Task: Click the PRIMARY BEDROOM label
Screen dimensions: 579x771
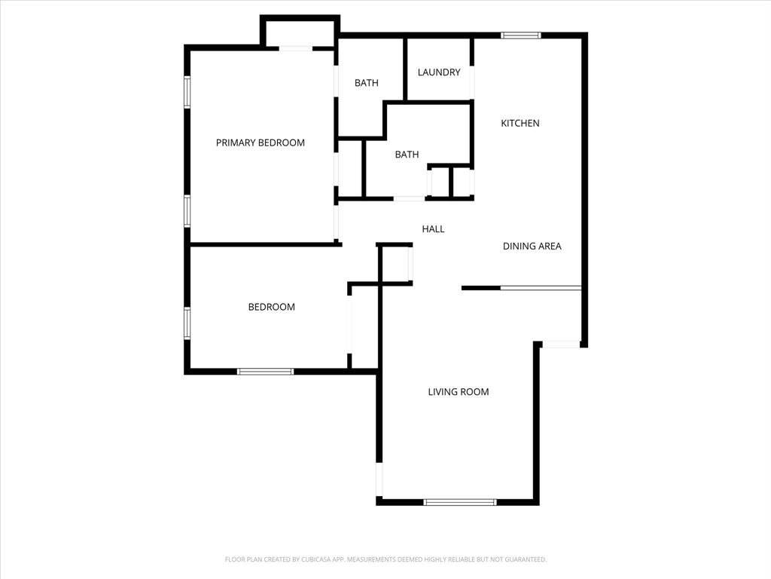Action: [x=261, y=142]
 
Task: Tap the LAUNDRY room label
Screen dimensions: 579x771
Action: [x=439, y=72]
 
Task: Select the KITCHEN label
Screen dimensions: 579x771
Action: [x=520, y=123]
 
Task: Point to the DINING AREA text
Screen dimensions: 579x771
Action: [x=532, y=246]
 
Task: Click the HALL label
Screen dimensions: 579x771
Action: [x=433, y=229]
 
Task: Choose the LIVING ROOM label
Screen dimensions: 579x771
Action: [x=459, y=392]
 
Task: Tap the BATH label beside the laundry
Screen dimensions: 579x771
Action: [x=367, y=83]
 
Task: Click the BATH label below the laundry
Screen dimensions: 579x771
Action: [x=407, y=155]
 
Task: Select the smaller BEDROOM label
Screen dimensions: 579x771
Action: [x=272, y=307]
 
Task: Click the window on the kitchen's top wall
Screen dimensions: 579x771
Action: [x=521, y=35]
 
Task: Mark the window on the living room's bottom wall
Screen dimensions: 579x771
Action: [x=460, y=501]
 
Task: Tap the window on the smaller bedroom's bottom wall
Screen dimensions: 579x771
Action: [x=266, y=371]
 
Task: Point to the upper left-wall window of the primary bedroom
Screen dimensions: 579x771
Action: [x=187, y=91]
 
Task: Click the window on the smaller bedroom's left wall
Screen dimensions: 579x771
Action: [x=187, y=323]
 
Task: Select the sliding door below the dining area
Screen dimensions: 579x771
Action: [x=541, y=287]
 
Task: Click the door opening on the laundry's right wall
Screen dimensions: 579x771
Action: [x=472, y=83]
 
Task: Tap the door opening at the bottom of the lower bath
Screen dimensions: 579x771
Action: [x=409, y=198]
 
